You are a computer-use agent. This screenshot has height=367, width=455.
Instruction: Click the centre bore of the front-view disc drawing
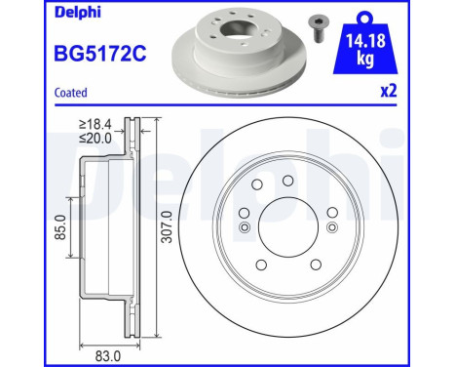(286, 228)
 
